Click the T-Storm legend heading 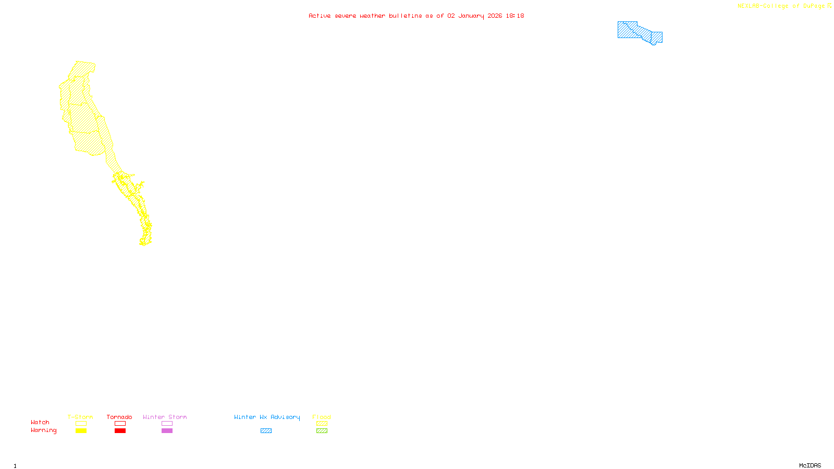80,417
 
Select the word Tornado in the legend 119,417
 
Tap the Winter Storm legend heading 165,417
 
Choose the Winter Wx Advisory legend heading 267,417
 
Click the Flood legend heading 322,417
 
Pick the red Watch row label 40,422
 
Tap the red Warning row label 43,430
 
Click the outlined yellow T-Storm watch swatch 81,424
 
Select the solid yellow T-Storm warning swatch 81,431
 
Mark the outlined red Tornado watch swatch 120,424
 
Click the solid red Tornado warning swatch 120,431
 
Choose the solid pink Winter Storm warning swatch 167,431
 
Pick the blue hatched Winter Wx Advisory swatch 266,431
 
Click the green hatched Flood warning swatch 322,431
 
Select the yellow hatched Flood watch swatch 322,424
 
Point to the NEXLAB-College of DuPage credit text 784,6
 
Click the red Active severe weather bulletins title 416,16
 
